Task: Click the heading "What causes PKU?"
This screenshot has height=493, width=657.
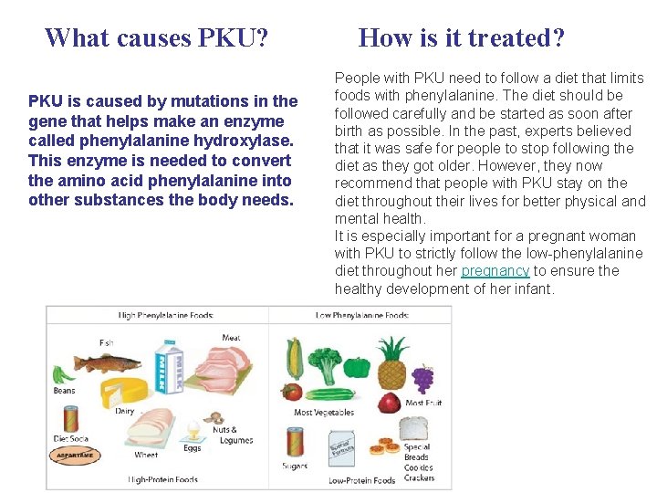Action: (x=156, y=37)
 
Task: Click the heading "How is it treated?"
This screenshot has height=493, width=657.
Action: (x=462, y=37)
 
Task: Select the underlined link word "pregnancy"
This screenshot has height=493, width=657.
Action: (x=495, y=271)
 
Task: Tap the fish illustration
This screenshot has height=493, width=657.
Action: (x=108, y=362)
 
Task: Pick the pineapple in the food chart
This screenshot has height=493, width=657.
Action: (x=391, y=364)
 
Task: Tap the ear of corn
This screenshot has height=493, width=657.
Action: (x=295, y=358)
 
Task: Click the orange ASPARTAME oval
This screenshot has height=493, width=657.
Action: (x=75, y=454)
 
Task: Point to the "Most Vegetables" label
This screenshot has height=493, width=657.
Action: (x=324, y=413)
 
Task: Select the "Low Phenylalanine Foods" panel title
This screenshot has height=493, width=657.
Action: (x=362, y=316)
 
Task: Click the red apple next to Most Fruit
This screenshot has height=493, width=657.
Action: (x=390, y=403)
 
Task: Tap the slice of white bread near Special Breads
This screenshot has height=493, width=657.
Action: (x=414, y=427)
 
